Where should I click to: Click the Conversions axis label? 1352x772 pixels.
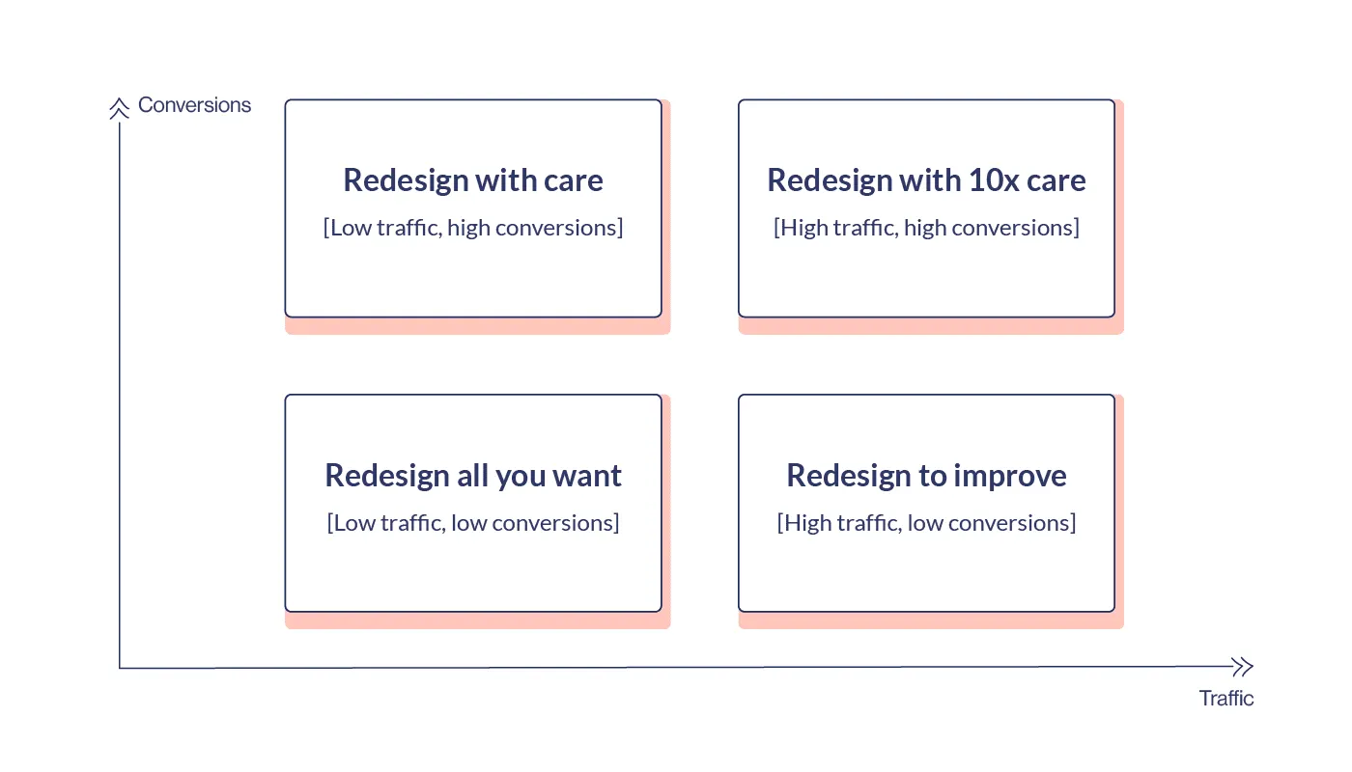tap(194, 105)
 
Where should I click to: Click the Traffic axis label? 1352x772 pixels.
tap(1225, 698)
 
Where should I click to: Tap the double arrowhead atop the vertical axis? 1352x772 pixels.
tap(120, 108)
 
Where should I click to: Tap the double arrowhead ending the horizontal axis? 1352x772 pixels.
tap(1243, 667)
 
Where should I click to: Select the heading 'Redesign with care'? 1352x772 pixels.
tap(473, 179)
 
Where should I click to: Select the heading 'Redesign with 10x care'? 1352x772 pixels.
tap(926, 179)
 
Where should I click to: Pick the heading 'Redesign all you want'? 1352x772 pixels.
tap(473, 475)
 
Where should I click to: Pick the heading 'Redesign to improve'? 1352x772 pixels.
tap(926, 475)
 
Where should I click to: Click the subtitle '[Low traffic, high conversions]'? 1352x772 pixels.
tap(473, 228)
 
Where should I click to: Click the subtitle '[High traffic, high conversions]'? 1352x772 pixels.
tap(926, 228)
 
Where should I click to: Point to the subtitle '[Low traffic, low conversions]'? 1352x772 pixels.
tap(473, 523)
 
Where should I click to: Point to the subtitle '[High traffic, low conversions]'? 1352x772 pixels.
tap(926, 523)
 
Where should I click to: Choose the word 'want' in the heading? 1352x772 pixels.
tap(587, 476)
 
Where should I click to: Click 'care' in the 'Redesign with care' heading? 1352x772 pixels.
tap(574, 181)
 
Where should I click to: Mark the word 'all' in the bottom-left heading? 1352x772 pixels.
tap(472, 475)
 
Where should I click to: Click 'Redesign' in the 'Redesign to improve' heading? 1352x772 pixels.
tap(849, 477)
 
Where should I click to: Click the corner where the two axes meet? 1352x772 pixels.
tap(120, 668)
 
